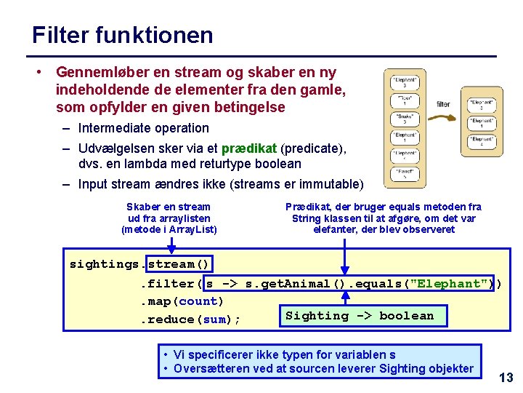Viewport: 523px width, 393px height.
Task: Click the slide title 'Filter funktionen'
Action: click(x=122, y=35)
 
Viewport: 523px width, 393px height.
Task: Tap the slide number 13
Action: click(x=506, y=377)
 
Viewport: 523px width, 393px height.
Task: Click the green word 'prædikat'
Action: click(x=249, y=148)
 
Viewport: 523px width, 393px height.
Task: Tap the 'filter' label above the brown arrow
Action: click(x=443, y=104)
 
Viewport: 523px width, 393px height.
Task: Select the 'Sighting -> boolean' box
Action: click(x=360, y=316)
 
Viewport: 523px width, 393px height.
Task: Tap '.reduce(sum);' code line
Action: click(x=190, y=319)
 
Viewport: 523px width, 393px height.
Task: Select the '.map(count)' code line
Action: click(x=182, y=301)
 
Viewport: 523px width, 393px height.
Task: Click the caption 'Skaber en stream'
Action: click(x=169, y=207)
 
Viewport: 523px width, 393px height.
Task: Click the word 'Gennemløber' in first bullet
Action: click(x=92, y=73)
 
